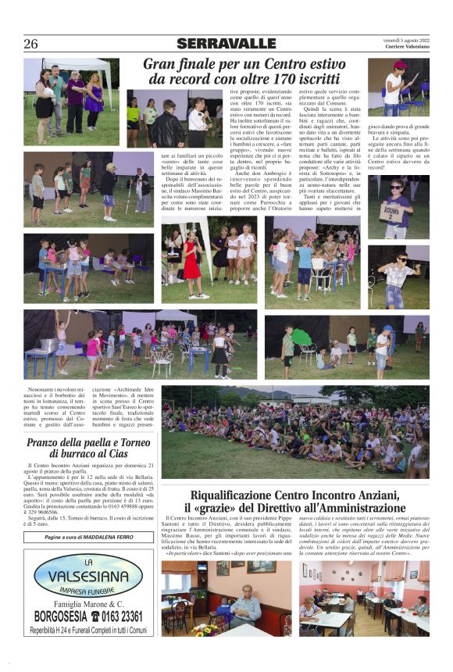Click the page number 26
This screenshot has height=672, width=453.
click(x=30, y=45)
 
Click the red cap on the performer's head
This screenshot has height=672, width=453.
click(x=400, y=66)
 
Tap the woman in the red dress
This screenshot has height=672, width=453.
click(x=192, y=261)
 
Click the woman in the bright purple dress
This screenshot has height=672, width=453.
click(x=94, y=95)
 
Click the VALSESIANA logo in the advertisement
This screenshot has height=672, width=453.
click(x=88, y=574)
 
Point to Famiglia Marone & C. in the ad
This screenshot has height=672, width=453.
click(x=88, y=603)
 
